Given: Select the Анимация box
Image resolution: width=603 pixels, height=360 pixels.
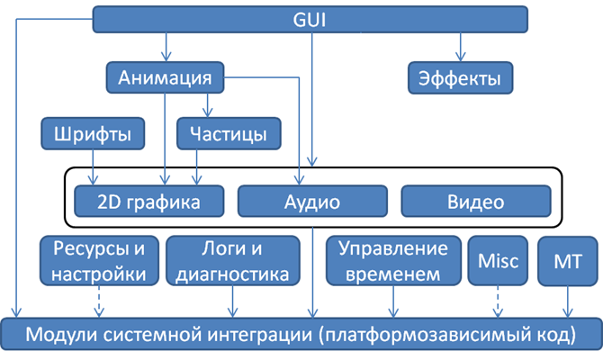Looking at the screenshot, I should tap(164, 77).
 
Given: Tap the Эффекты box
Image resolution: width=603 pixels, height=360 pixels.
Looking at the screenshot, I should tap(459, 77).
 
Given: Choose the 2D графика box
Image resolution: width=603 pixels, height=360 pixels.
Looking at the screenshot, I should tap(148, 201).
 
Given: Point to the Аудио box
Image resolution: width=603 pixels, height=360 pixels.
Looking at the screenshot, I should tap(312, 201).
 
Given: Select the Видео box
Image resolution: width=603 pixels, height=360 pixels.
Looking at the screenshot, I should tap(475, 201).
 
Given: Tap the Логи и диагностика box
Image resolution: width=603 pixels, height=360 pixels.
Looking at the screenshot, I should tap(232, 260).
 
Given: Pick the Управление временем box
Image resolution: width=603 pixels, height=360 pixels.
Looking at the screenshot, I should tap(392, 260).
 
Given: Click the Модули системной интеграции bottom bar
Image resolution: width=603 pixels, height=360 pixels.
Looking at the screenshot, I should tap(301, 335).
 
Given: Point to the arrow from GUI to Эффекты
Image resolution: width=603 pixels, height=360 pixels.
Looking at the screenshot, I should tap(459, 45).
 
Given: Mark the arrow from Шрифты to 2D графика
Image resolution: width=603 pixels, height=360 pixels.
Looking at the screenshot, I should tap(94, 166).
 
